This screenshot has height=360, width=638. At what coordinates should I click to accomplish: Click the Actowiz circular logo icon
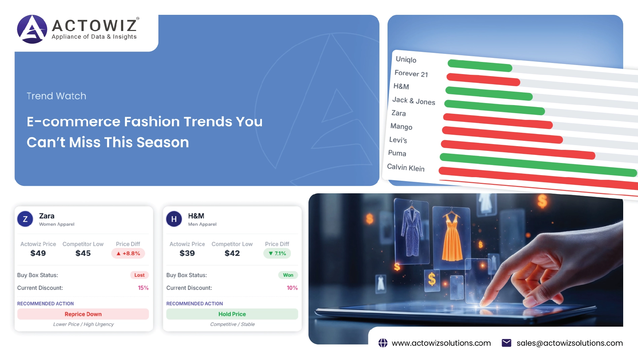[x=32, y=29]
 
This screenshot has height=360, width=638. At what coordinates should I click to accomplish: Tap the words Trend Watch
[x=57, y=96]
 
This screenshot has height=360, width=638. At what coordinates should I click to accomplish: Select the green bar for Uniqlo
[x=480, y=65]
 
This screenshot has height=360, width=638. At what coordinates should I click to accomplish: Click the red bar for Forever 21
[x=483, y=79]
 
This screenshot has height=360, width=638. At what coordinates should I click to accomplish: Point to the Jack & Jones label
[x=414, y=101]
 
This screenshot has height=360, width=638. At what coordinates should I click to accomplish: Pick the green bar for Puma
[x=538, y=165]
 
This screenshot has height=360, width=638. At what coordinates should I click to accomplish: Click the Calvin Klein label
[x=406, y=167]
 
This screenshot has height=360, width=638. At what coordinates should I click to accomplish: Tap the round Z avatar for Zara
[x=25, y=219]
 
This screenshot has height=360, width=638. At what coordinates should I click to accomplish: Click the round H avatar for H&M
[x=174, y=219]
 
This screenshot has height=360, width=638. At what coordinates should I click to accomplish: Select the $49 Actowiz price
[x=38, y=253]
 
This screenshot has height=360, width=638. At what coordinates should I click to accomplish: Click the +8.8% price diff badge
[x=128, y=253]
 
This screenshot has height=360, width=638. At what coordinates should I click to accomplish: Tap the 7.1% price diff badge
[x=277, y=253]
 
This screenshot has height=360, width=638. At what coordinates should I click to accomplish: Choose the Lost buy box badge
[x=139, y=275]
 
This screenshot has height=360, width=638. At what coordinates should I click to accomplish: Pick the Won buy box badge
[x=288, y=275]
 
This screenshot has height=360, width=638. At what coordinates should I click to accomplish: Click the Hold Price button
[x=232, y=314]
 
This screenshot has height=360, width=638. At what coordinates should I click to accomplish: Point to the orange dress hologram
[x=451, y=236]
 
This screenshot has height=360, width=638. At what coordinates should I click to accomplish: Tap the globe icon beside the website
[x=383, y=343]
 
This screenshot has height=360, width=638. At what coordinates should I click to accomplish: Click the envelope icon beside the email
[x=506, y=343]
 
